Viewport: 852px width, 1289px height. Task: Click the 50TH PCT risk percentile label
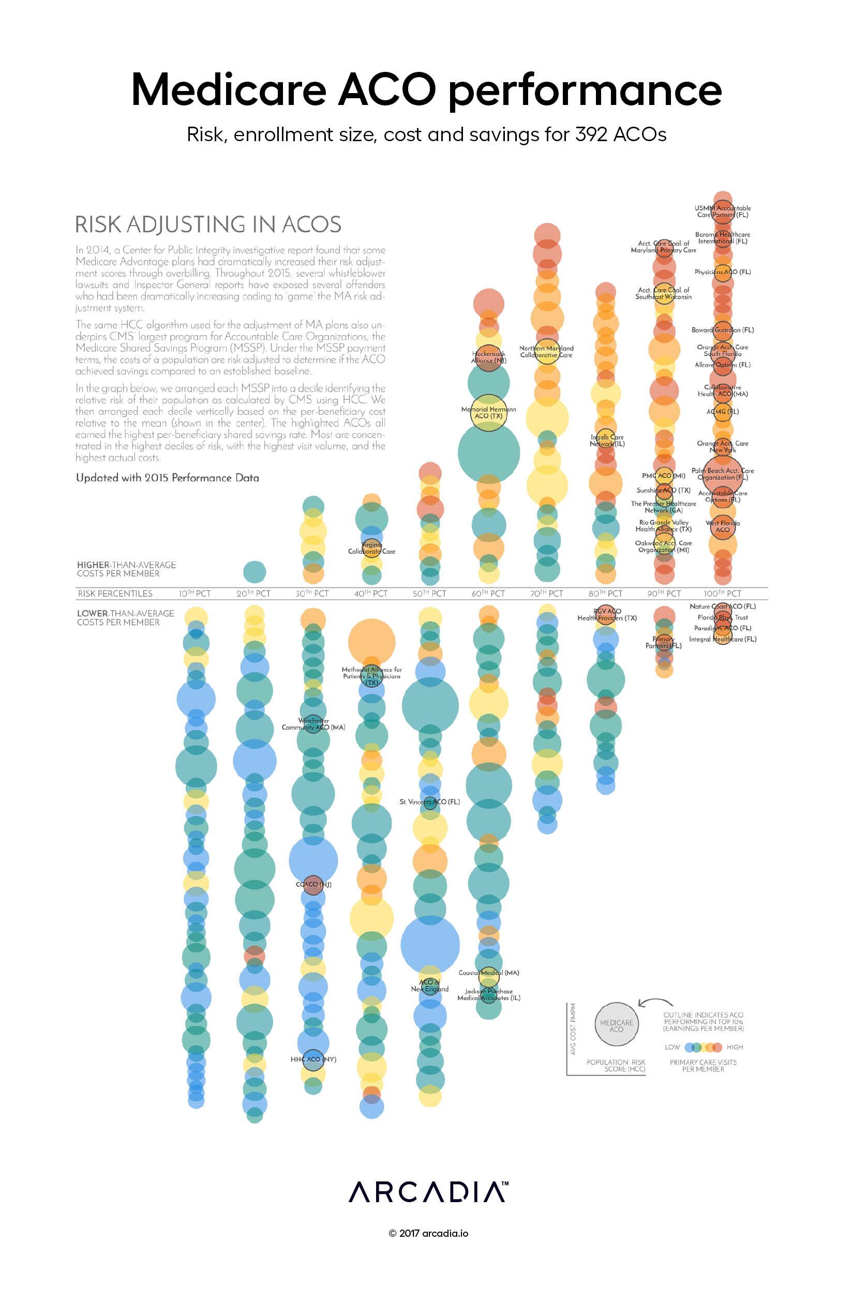[x=429, y=594]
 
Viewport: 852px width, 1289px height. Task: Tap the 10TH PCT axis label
[x=195, y=594]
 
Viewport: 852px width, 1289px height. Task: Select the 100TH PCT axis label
[x=722, y=594]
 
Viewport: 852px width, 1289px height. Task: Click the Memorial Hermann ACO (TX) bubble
[x=488, y=413]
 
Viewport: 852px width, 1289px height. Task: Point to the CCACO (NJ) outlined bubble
[x=313, y=885]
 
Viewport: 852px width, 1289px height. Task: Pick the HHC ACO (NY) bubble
[x=313, y=1059]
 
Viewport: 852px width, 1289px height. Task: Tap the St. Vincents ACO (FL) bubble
[x=430, y=802]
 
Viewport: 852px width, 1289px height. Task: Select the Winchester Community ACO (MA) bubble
[x=313, y=724]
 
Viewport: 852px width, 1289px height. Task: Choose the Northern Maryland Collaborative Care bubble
[x=547, y=352]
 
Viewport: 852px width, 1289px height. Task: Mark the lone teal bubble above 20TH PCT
[x=255, y=572]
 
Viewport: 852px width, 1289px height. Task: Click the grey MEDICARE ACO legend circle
[x=616, y=1025]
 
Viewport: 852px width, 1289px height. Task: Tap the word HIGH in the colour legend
[x=735, y=1047]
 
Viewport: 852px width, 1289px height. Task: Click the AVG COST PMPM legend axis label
[x=573, y=1029]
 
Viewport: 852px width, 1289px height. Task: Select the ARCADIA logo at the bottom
[x=428, y=1192]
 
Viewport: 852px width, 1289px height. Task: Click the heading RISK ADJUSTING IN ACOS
[x=208, y=224]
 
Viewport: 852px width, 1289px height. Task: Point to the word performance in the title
[x=585, y=89]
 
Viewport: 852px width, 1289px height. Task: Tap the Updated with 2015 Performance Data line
[x=168, y=478]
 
